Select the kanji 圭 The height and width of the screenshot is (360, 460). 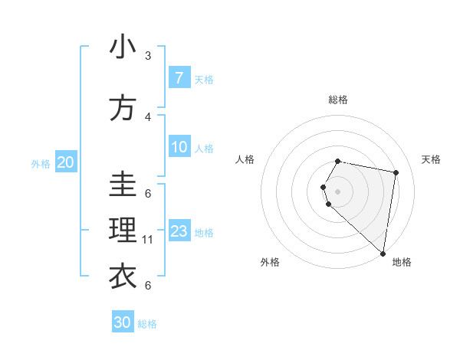pos(123,184)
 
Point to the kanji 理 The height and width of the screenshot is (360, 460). pos(123,229)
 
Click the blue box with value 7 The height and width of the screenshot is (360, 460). pos(179,78)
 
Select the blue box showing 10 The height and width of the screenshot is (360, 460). pos(179,147)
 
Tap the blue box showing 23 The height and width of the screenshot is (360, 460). pos(179,231)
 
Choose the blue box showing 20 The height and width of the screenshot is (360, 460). pos(66,162)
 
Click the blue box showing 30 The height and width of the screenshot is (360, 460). pos(123,322)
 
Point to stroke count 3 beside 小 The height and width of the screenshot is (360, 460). pos(148,56)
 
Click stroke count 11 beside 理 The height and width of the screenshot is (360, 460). pos(149,240)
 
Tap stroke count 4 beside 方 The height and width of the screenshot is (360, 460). pos(148,117)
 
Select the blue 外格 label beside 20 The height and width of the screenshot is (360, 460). pos(41,163)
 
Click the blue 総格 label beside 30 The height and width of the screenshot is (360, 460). pos(148,324)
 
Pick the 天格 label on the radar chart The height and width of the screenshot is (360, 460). pos(431,159)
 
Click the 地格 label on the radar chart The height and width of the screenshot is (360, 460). pos(402,262)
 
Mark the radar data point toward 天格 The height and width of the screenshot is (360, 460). pos(396,172)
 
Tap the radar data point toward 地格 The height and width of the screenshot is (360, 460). pos(383,254)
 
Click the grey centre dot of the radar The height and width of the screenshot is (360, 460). pos(337,191)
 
